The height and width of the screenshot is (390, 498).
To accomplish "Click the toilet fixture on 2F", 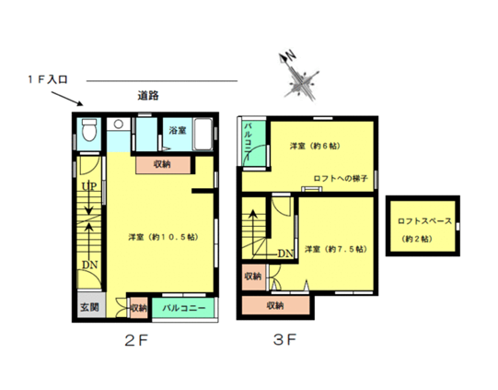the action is [89, 130].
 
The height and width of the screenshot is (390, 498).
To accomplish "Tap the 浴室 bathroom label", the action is [178, 130].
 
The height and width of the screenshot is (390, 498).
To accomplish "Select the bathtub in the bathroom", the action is [203, 134].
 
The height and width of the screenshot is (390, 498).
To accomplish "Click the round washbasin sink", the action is [119, 124].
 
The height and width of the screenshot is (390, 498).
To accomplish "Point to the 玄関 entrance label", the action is [89, 307].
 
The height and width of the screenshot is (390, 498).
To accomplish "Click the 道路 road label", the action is [148, 96].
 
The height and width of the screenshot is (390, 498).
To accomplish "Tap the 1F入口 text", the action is [48, 79].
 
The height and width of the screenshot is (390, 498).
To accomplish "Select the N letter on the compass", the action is [291, 55].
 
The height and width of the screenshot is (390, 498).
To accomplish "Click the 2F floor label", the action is [136, 341].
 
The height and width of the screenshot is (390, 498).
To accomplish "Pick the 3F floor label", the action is [284, 339].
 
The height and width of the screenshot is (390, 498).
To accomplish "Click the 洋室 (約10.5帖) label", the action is [163, 237].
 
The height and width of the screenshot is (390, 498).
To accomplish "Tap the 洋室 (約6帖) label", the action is [315, 146].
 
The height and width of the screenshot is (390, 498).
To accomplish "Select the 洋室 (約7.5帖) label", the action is [336, 249].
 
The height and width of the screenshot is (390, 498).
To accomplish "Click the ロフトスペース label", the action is [424, 220].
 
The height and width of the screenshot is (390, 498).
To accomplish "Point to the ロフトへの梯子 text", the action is [341, 178].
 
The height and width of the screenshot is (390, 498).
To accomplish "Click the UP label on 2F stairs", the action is [89, 186].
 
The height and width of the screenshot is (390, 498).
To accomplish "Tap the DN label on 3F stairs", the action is [285, 254].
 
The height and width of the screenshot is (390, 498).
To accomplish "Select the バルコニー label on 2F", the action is [184, 308].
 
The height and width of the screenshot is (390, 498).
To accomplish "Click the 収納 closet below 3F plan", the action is [275, 305].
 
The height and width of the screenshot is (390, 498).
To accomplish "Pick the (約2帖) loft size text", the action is [417, 239].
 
